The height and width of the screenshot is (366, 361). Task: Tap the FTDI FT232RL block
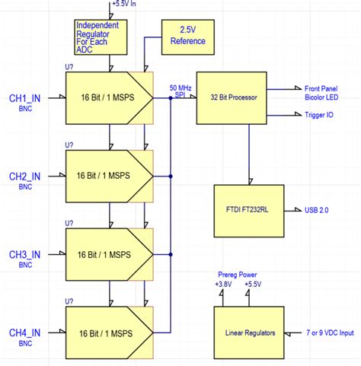(x=248, y=209)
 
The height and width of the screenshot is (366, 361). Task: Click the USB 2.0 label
(x=316, y=209)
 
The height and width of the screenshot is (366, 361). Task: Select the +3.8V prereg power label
(x=223, y=283)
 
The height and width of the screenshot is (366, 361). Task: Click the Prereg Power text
(x=236, y=275)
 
